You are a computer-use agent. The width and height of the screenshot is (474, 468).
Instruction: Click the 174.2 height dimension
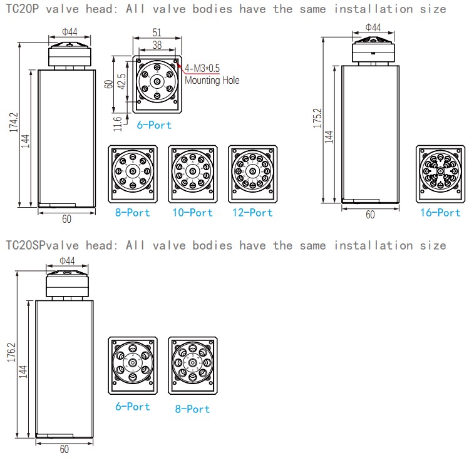14,123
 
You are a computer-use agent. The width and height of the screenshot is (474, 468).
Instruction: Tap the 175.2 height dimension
317,118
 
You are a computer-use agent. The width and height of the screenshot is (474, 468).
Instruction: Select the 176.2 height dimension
11,352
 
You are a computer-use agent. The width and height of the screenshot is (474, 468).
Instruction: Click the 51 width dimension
157,33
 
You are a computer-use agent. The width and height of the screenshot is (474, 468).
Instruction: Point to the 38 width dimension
157,45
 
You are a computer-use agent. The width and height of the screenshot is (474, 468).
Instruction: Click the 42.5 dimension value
121,81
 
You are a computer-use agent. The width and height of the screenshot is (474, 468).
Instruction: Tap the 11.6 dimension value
118,124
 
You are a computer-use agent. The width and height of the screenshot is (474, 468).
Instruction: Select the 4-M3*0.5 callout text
202,68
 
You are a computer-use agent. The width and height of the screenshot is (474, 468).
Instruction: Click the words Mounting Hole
212,80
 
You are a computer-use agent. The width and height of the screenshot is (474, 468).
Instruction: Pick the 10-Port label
193,212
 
